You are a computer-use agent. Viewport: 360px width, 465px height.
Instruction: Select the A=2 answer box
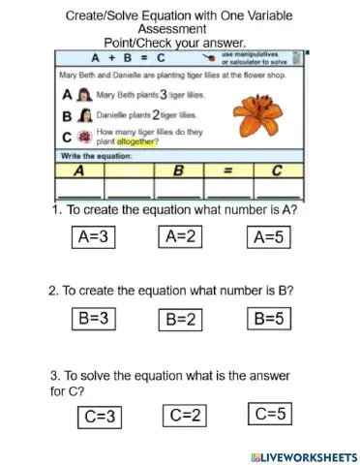(180, 235)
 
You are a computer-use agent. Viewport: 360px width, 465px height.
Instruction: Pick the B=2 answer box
(180, 318)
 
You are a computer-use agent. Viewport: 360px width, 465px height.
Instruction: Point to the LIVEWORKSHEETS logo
(303, 455)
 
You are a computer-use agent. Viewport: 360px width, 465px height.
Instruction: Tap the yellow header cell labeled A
(75, 170)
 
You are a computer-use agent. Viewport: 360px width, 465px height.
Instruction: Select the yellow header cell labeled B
(178, 170)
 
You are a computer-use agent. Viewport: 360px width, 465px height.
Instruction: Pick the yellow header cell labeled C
(277, 170)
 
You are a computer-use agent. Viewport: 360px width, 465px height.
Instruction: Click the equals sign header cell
(229, 170)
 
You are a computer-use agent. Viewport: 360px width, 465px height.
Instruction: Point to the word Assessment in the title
(179, 30)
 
